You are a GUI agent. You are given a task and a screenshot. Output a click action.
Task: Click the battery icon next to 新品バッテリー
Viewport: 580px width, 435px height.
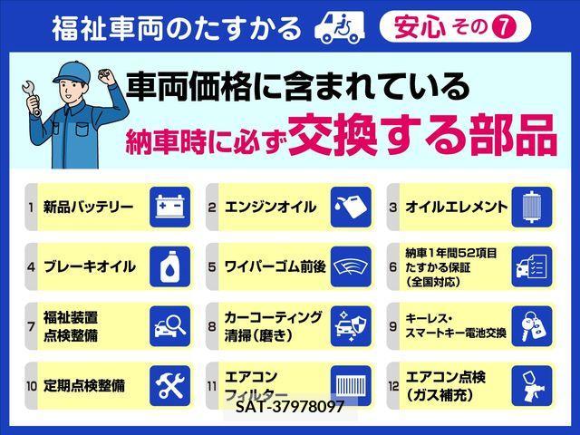[169, 207]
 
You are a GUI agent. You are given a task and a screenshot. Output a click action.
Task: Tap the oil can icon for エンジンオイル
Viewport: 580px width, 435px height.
[351, 207]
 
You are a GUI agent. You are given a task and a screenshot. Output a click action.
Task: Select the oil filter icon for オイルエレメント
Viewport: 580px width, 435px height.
[532, 207]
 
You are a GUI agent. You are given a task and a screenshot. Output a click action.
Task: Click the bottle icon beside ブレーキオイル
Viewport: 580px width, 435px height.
[169, 266]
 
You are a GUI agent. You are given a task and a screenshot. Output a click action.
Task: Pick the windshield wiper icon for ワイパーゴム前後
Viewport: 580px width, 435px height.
[351, 266]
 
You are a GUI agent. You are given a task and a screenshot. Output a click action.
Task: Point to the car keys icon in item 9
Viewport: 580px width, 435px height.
[532, 326]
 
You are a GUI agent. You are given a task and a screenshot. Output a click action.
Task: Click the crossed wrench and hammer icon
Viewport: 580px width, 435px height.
[169, 386]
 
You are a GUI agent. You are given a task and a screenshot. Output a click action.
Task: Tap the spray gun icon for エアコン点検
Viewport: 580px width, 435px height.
[532, 386]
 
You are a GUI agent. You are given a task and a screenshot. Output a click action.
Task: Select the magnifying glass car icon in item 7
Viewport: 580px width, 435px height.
[169, 326]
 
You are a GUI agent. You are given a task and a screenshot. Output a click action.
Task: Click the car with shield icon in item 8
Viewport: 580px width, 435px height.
[351, 326]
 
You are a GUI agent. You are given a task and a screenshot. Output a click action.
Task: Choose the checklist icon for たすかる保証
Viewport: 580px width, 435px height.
[532, 266]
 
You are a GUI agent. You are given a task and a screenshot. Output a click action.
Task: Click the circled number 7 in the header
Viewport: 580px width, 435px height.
[505, 27]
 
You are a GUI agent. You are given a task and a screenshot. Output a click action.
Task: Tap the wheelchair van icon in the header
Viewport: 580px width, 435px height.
[339, 28]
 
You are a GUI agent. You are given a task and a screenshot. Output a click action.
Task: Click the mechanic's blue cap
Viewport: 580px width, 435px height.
[72, 72]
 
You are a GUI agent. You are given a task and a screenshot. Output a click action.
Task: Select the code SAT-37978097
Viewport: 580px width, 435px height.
[290, 407]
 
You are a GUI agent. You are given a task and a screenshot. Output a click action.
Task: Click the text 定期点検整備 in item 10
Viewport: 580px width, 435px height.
[84, 386]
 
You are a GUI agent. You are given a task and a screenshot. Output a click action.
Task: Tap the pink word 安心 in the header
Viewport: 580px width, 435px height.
[420, 27]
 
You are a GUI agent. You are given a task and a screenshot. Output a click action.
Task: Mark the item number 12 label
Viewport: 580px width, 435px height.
[393, 386]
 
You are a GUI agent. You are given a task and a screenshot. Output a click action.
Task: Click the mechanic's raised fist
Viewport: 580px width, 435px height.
[107, 76]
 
